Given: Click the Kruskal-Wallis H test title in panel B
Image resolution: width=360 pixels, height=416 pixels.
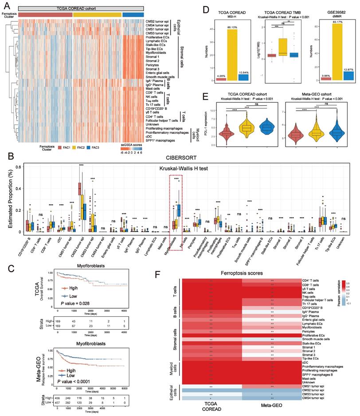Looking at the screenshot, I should pos(179,168).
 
